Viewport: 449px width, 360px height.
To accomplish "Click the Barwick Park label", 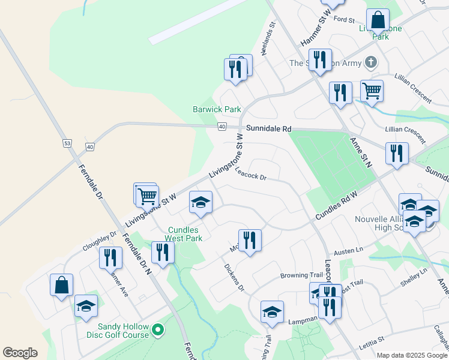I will click(217, 109).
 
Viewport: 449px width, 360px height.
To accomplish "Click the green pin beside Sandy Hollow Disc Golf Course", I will click(158, 329).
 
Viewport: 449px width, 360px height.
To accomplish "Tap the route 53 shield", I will click(67, 143).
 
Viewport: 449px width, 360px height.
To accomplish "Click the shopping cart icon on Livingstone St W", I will click(147, 195).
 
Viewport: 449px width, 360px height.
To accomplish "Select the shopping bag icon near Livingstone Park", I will click(378, 20).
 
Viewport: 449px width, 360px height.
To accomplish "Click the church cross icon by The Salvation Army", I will click(372, 62).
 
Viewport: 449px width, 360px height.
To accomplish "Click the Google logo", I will click(20, 353).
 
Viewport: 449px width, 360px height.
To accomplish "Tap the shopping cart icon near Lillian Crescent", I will click(372, 91).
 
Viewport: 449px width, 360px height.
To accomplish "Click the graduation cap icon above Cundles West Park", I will click(200, 202).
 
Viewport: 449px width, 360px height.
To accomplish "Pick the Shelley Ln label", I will click(415, 271).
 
